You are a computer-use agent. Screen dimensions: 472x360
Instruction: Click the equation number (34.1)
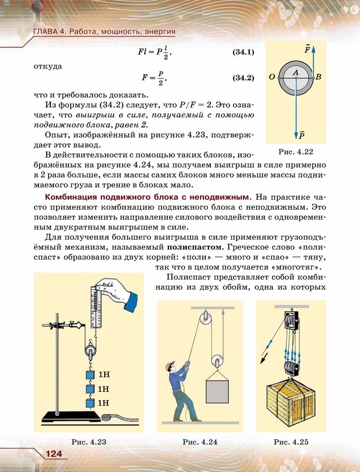pyautogui.click(x=243, y=52)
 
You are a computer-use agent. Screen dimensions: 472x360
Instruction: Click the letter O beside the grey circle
pyautogui.click(x=272, y=77)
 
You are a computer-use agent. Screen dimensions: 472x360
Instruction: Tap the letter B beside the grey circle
pyautogui.click(x=318, y=77)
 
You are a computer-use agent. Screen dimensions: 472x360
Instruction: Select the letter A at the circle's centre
pyautogui.click(x=295, y=72)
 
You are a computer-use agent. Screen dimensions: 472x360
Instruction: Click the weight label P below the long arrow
pyautogui.click(x=302, y=135)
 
